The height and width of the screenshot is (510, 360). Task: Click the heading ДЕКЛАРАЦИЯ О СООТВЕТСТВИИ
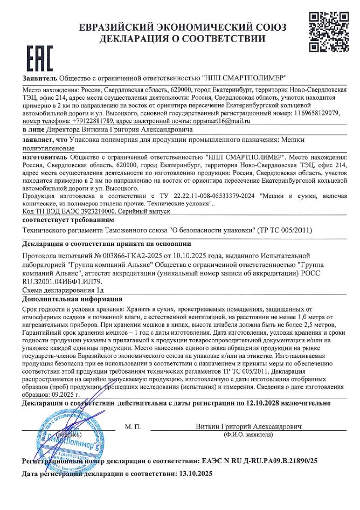click(182, 39)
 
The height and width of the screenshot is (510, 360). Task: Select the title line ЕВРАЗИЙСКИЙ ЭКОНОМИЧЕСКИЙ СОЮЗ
click(182, 27)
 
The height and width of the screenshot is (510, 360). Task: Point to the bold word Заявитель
click(40, 78)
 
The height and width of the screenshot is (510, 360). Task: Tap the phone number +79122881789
click(82, 121)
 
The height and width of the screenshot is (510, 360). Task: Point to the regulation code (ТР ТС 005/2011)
click(286, 231)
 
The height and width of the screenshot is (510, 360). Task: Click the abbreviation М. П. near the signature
click(132, 427)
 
